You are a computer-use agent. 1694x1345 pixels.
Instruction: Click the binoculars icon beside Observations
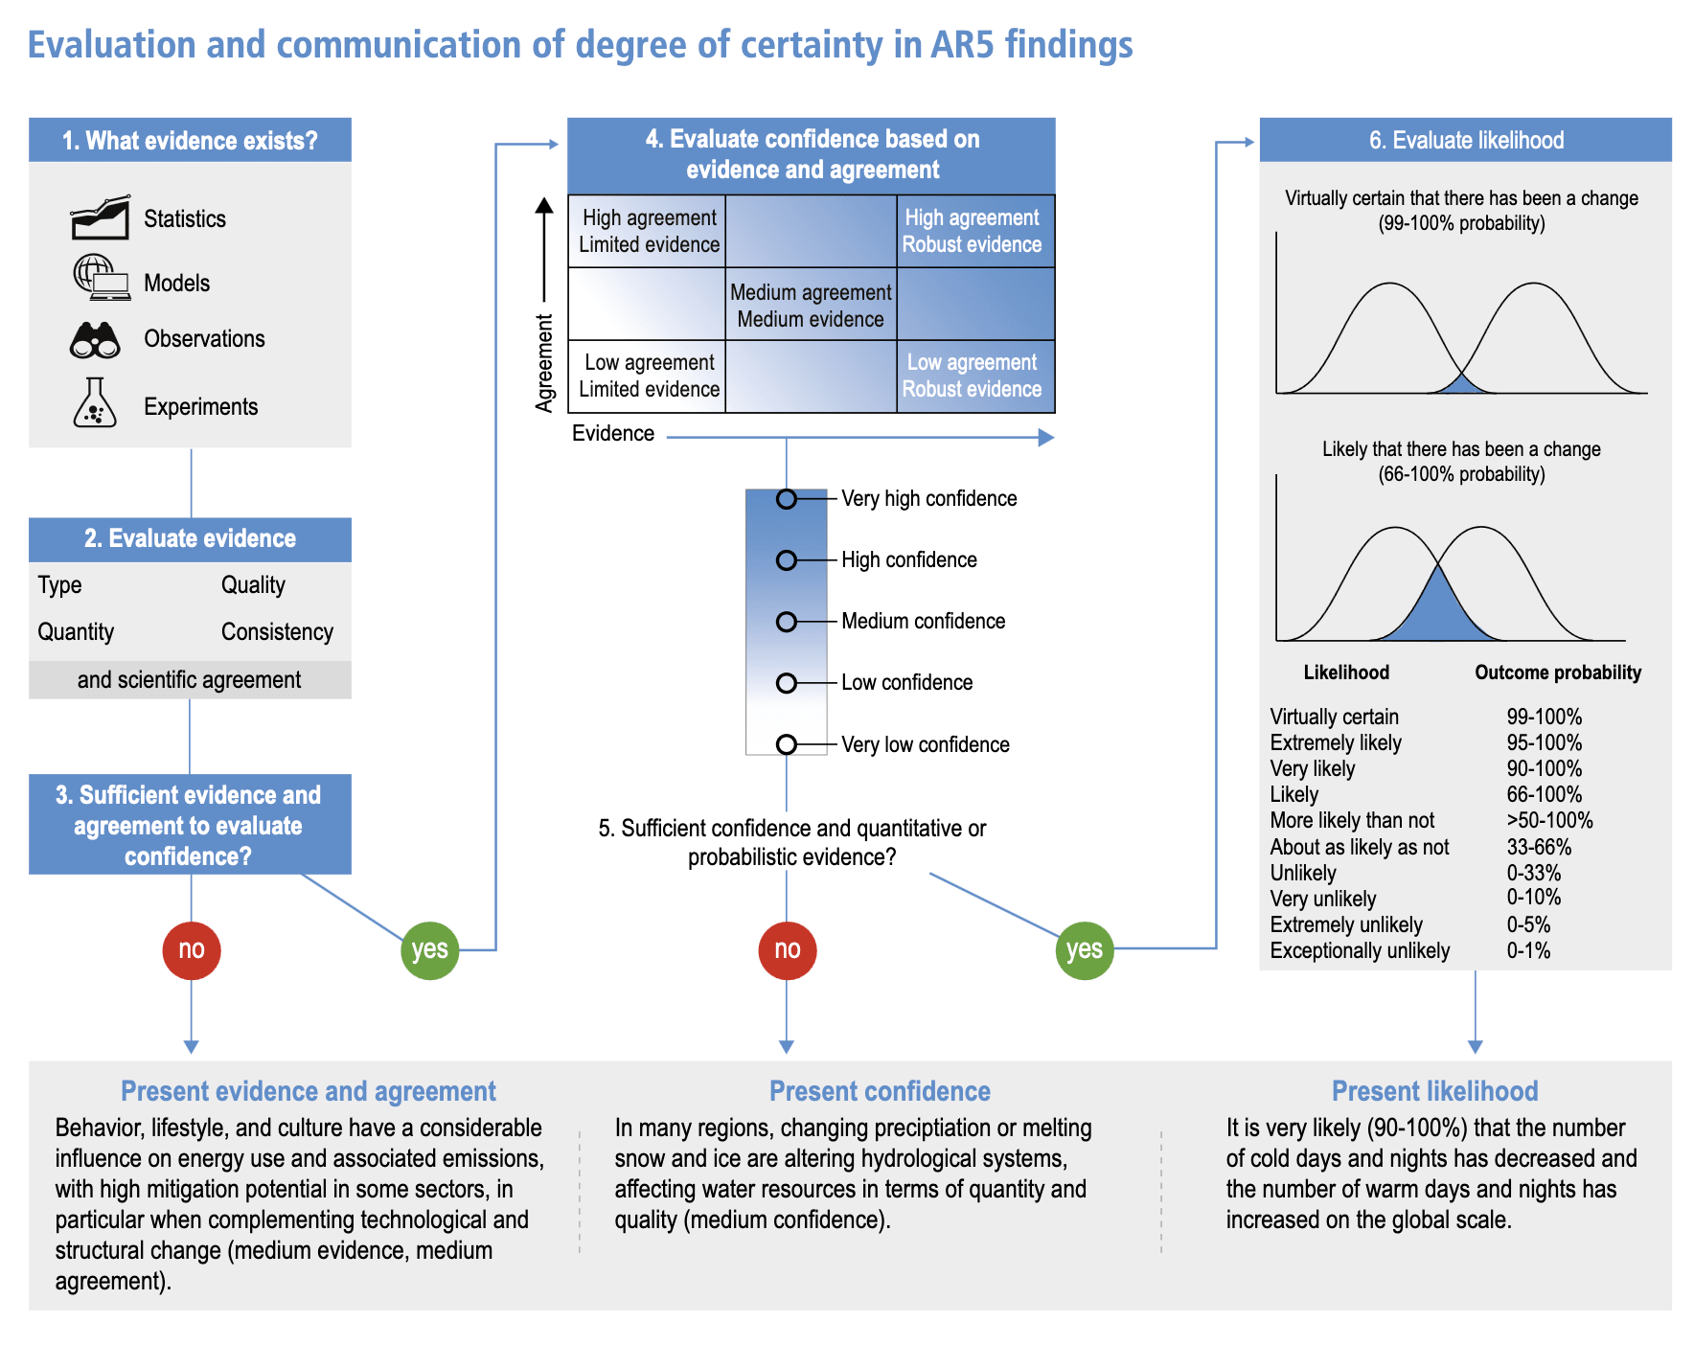[95, 340]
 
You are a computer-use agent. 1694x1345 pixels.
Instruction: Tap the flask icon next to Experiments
[95, 403]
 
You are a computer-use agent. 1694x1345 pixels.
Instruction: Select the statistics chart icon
[100, 217]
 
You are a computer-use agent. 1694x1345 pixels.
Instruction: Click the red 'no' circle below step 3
[192, 949]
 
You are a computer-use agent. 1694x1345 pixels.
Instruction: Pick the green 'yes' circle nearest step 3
[429, 949]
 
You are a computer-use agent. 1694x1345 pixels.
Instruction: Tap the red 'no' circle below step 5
[787, 949]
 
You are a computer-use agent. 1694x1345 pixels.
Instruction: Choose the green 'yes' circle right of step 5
[1085, 949]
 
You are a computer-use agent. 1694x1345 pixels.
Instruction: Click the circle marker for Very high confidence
[787, 499]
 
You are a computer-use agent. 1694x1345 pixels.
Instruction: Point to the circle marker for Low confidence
[787, 683]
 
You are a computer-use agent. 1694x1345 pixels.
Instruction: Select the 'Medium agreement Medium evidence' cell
[811, 305]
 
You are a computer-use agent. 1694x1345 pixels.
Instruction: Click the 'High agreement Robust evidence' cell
[973, 231]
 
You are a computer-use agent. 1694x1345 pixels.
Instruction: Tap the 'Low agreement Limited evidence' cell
[649, 376]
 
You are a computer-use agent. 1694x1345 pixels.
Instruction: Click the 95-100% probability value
[1544, 742]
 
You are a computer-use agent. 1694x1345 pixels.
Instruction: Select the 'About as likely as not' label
[1359, 847]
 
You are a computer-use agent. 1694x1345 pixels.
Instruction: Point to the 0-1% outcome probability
[1528, 950]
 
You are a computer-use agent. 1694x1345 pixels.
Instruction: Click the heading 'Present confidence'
[880, 1091]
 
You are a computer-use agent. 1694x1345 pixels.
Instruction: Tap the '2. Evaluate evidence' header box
[190, 538]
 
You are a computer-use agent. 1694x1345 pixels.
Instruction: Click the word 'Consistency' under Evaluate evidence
[277, 631]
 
